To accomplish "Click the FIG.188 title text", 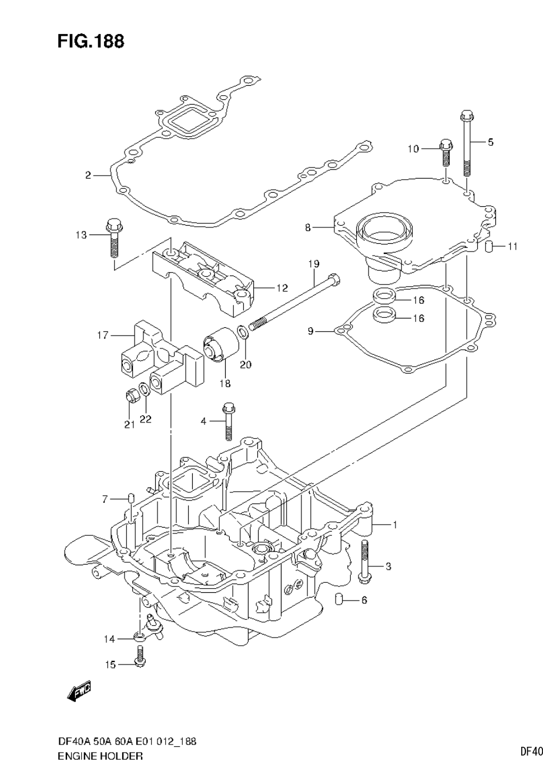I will [x=90, y=42].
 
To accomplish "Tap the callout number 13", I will [x=81, y=235].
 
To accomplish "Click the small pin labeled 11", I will [x=488, y=246].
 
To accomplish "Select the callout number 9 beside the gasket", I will [x=311, y=332].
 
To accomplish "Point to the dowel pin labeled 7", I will [x=132, y=499].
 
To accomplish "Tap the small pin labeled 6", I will [x=338, y=600].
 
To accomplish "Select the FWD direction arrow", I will [x=79, y=691].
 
